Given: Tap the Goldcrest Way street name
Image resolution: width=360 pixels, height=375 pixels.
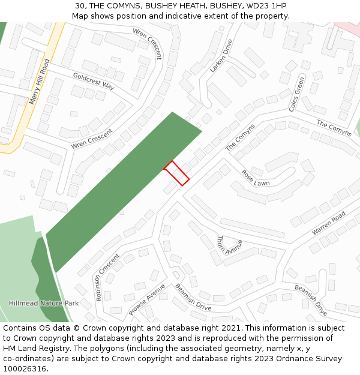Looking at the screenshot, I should coord(94,81).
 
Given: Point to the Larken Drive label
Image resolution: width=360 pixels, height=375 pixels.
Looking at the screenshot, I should coord(220,56).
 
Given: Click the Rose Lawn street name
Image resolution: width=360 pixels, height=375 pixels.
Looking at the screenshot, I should coord(256,178).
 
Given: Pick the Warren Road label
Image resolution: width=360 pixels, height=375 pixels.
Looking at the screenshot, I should coord(328,223).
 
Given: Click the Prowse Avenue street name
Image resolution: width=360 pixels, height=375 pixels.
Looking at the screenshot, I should coord(146,299).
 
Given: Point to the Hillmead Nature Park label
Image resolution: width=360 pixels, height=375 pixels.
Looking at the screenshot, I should coord(44,304).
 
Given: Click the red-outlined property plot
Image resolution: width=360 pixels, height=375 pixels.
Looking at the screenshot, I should coord(177,173).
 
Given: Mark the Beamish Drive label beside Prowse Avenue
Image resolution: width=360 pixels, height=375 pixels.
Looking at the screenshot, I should coord(193,297).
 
